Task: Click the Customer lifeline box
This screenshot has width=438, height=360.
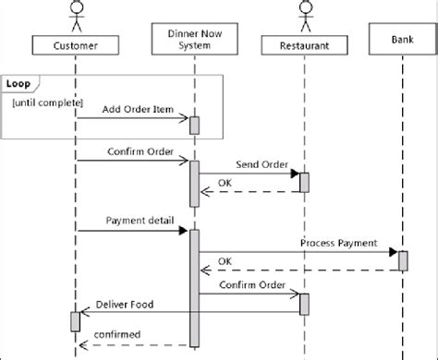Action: click(x=76, y=43)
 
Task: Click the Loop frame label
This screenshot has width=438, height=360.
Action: click(x=18, y=83)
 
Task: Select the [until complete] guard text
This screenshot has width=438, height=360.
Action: click(x=48, y=100)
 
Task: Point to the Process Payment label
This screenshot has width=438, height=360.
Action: click(x=338, y=242)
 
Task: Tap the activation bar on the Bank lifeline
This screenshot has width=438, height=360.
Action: click(x=403, y=260)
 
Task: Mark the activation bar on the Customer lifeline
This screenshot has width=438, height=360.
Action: click(x=75, y=321)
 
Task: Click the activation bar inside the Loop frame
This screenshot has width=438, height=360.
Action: click(x=194, y=125)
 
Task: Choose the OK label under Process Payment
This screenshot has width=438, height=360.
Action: click(x=225, y=262)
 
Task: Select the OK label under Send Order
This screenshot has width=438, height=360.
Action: click(x=225, y=182)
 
